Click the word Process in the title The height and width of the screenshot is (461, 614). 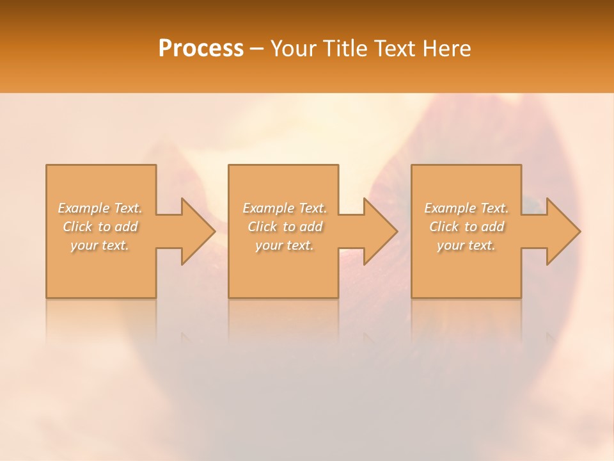201,49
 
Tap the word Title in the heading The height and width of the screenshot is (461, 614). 343,49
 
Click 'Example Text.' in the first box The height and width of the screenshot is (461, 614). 100,208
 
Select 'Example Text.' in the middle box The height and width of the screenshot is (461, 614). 285,208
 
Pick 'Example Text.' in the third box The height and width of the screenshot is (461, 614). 466,208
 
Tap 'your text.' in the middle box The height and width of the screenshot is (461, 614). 285,245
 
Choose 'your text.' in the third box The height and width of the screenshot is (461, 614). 466,245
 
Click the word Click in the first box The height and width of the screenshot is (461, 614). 77,227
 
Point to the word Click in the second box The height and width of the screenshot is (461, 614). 262,227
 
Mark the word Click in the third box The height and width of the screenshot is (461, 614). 444,227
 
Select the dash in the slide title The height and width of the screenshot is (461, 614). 256,49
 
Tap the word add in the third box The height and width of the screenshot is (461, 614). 492,227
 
